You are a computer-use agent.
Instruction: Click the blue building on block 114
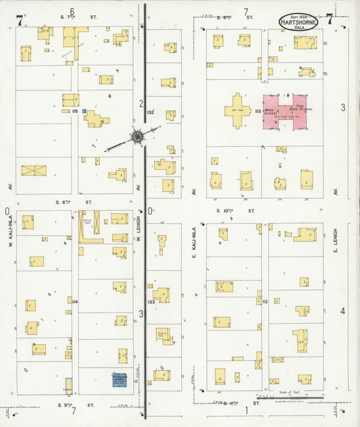coord(122,379)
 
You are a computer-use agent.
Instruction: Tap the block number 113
coord(257,111)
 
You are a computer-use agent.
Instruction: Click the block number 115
coord(75,111)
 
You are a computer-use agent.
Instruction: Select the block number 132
coord(151,111)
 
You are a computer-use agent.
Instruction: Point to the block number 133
coord(151,301)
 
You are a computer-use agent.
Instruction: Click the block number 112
coord(265,301)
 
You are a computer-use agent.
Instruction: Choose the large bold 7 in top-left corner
coord(20,21)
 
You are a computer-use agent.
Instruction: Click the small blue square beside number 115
coord(84,111)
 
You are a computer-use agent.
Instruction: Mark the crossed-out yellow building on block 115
coord(32,170)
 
